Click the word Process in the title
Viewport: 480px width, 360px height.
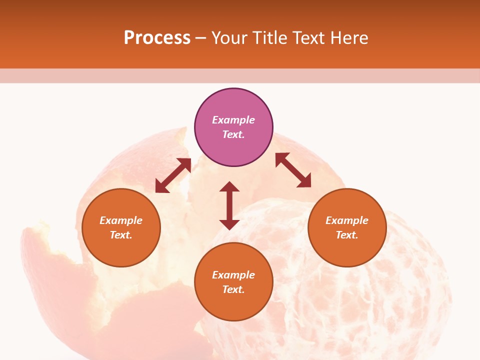point(157,38)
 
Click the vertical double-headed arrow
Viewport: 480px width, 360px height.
point(229,205)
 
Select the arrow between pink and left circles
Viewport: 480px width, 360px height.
point(173,175)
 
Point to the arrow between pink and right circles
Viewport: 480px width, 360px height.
point(293,170)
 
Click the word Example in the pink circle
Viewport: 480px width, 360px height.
point(233,120)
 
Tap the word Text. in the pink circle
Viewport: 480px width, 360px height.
point(233,134)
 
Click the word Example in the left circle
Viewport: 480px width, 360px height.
point(121,220)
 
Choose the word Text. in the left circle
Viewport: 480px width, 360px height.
point(121,235)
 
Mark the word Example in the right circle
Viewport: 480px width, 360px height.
point(347,220)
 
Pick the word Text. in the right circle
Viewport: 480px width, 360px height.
point(347,235)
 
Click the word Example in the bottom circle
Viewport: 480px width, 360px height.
point(233,275)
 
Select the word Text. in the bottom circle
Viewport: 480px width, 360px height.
point(233,289)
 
